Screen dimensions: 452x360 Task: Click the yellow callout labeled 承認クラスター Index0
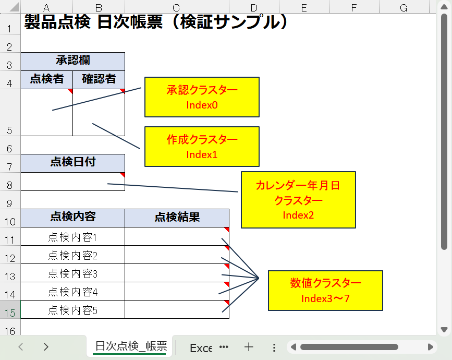pyautogui.click(x=202, y=97)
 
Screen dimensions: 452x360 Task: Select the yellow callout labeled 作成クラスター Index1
pyautogui.click(x=202, y=147)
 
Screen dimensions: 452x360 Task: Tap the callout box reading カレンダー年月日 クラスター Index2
pyautogui.click(x=298, y=200)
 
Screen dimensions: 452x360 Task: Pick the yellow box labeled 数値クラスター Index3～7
pyautogui.click(x=325, y=291)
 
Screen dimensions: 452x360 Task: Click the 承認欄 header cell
pyautogui.click(x=72, y=62)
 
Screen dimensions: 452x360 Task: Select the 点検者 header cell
pyautogui.click(x=47, y=80)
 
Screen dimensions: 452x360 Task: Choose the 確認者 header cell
pyautogui.click(x=99, y=80)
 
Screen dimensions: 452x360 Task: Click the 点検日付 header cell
pyautogui.click(x=72, y=163)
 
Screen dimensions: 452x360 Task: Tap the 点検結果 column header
pyautogui.click(x=177, y=218)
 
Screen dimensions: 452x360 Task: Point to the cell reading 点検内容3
pyautogui.click(x=72, y=273)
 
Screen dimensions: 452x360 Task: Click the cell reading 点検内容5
pyautogui.click(x=72, y=309)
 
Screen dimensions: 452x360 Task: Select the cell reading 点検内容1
pyautogui.click(x=72, y=236)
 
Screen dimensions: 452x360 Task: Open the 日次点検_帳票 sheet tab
pyautogui.click(x=131, y=346)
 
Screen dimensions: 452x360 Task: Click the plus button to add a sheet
pyautogui.click(x=249, y=347)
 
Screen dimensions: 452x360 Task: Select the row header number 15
pyautogui.click(x=10, y=309)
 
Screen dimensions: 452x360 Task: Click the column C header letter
pyautogui.click(x=177, y=7)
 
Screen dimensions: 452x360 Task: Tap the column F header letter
pyautogui.click(x=354, y=7)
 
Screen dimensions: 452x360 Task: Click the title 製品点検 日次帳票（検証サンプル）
pyautogui.click(x=156, y=22)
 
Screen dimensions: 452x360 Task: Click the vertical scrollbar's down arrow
pyautogui.click(x=444, y=329)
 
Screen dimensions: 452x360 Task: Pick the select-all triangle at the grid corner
pyautogui.click(x=15, y=7)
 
